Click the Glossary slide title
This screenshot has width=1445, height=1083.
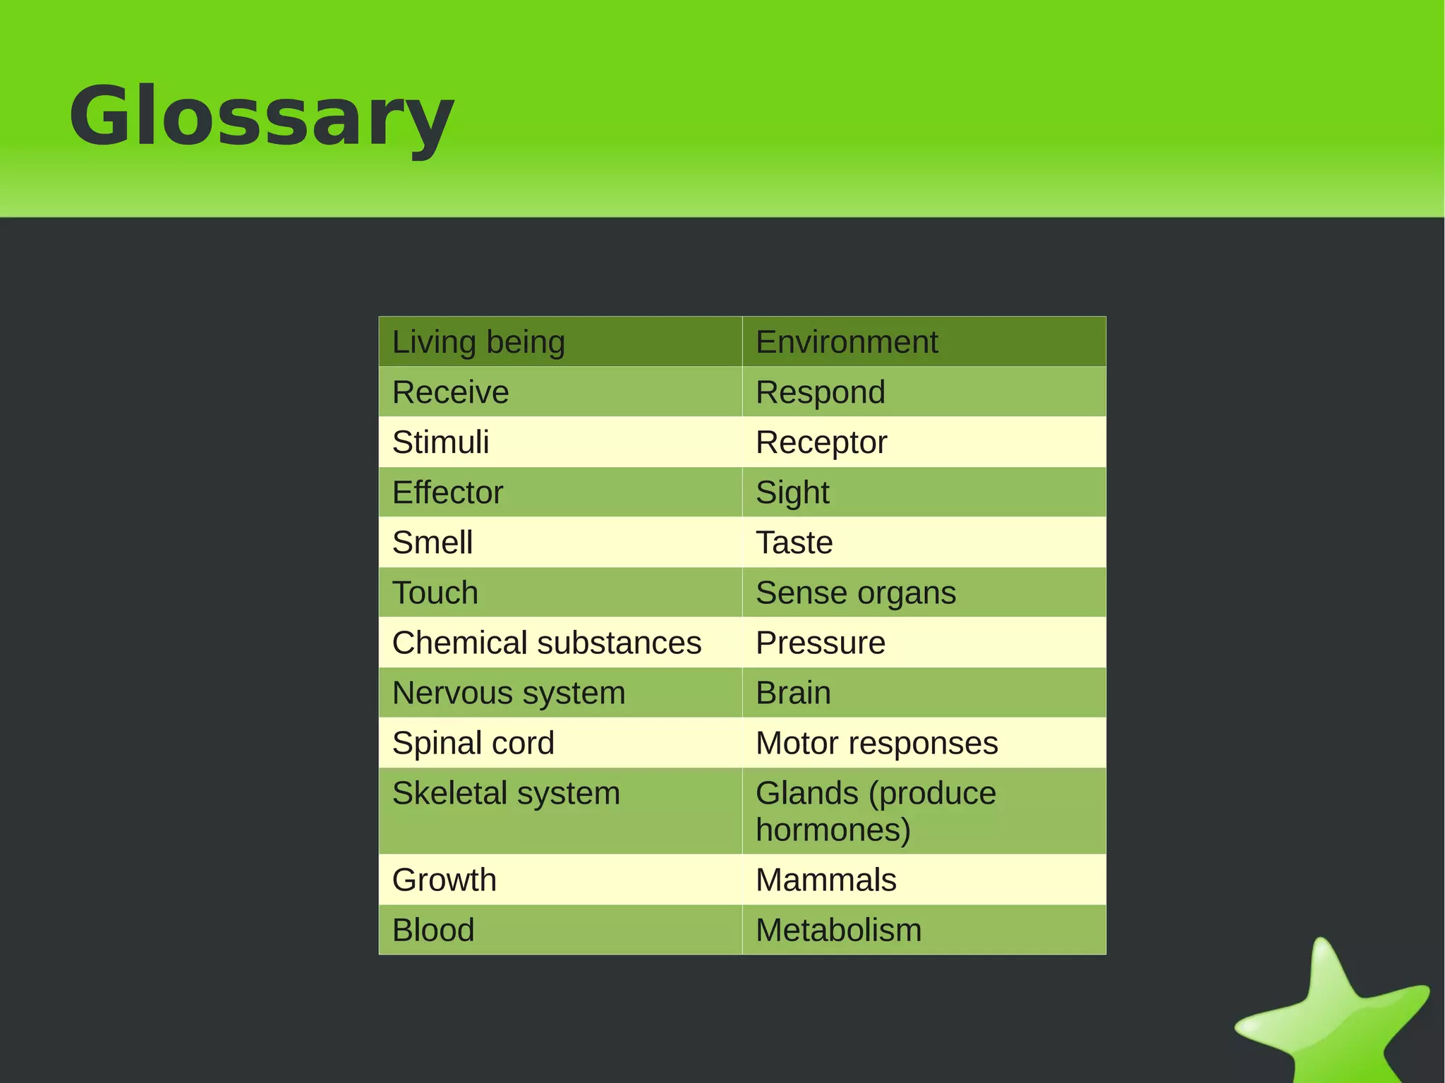261,116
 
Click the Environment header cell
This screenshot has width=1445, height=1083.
847,342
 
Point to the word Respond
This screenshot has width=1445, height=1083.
821,392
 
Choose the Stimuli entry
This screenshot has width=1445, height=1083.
440,442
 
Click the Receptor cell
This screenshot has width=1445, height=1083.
821,442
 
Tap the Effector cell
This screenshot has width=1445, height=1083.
447,492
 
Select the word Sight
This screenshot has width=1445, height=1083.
792,492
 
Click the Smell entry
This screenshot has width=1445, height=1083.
433,543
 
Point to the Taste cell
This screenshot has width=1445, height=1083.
794,543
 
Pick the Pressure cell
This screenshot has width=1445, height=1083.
821,643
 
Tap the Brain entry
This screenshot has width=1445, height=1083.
793,693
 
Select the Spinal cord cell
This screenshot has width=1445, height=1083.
473,743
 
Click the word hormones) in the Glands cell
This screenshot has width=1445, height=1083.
833,830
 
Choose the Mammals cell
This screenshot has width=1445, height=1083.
826,880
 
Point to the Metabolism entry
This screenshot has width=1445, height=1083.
839,930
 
